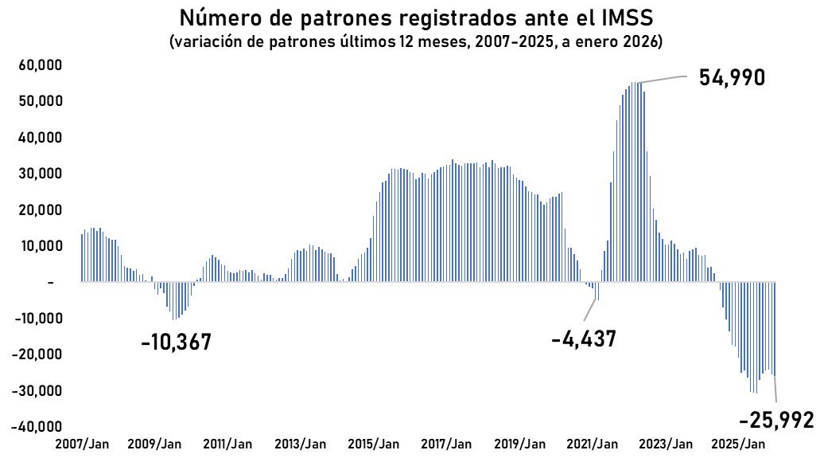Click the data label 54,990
[x=731, y=78]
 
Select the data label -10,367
[x=176, y=343]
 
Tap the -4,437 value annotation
[x=584, y=339]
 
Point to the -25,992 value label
[x=776, y=420]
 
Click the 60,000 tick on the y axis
[x=41, y=65]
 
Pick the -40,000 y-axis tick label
[x=37, y=427]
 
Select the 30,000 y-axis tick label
[x=41, y=174]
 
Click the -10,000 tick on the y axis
[x=37, y=319]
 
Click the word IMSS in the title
[x=611, y=18]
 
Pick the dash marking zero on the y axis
[x=50, y=283]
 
